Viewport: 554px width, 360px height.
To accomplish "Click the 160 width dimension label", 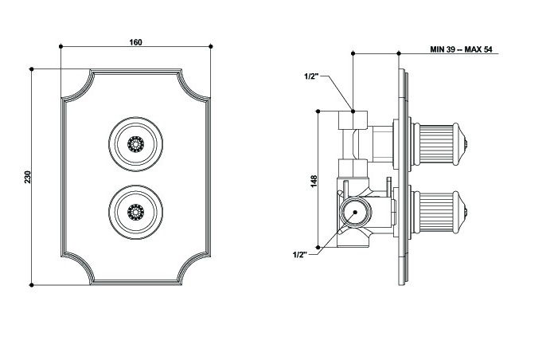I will click(x=135, y=42).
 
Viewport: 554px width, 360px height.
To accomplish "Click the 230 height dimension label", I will click(x=26, y=177).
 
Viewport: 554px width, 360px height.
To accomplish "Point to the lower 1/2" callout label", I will click(x=300, y=254).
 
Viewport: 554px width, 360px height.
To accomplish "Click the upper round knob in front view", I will click(x=136, y=143).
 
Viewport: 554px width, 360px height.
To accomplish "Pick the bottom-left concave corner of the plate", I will click(x=77, y=268).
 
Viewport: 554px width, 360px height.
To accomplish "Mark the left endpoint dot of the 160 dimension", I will click(x=61, y=48).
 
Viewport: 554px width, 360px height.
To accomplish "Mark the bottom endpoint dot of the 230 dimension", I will click(x=31, y=284).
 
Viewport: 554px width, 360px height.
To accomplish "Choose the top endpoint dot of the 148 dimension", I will click(x=319, y=110).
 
